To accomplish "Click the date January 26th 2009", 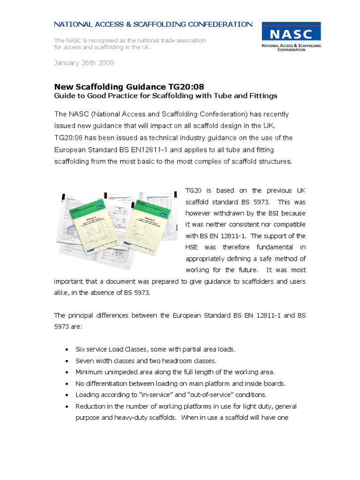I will pyautogui.click(x=84, y=62).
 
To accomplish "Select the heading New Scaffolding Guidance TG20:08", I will pyautogui.click(x=129, y=86).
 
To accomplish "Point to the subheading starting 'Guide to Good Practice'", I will pyautogui.click(x=166, y=96).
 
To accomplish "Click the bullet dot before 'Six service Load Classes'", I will pyautogui.click(x=68, y=349).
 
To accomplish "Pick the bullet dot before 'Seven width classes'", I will pyautogui.click(x=68, y=360).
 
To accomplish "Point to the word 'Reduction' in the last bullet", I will pyautogui.click(x=91, y=406).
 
